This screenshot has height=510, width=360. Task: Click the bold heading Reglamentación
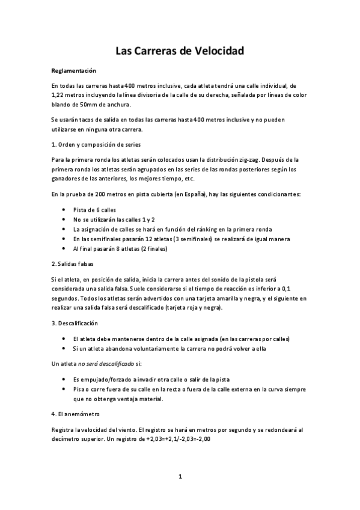[x=75, y=70]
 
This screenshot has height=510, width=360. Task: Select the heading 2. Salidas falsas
[x=72, y=264]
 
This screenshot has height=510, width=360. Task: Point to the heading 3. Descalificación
[x=75, y=324]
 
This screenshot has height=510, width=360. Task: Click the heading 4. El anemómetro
[x=76, y=414]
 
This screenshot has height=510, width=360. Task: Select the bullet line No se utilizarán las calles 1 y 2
[x=114, y=219]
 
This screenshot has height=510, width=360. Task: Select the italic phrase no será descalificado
[x=103, y=364]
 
